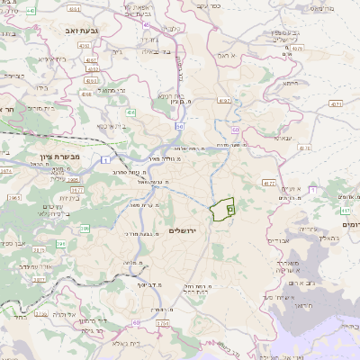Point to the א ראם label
pyautogui.click(x=227, y=56)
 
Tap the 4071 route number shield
pyautogui.click(x=335, y=104)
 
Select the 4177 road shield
pyautogui.click(x=268, y=183)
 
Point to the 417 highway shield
pyautogui.click(x=344, y=211)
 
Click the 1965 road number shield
pyautogui.click(x=14, y=197)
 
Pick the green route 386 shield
pyautogui.click(x=61, y=243)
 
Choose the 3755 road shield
pyautogui.click(x=162, y=322)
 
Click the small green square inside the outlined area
pyautogui.click(x=229, y=208)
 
